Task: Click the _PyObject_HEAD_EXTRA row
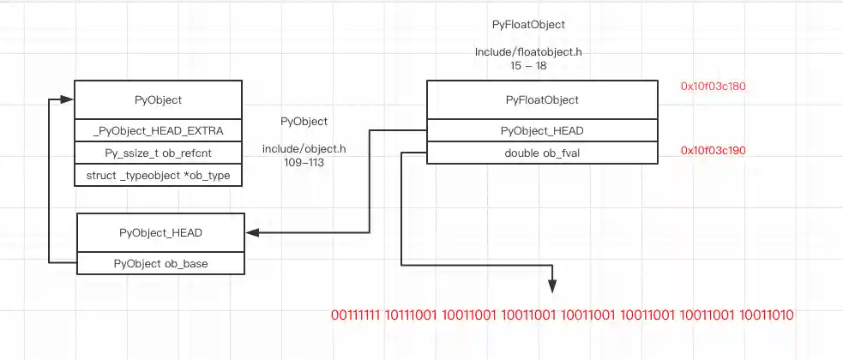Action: (x=159, y=131)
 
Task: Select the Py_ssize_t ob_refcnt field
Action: (x=159, y=153)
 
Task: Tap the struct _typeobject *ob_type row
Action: (x=159, y=176)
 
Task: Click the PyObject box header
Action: (x=159, y=100)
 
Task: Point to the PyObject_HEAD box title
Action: (x=160, y=232)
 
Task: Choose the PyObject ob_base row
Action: (x=160, y=263)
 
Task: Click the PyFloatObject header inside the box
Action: (x=542, y=100)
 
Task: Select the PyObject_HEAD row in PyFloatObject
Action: (x=542, y=131)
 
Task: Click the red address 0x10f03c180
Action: (x=713, y=87)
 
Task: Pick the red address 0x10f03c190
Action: (x=713, y=151)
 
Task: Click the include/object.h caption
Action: (x=304, y=149)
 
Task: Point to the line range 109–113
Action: (x=304, y=162)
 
